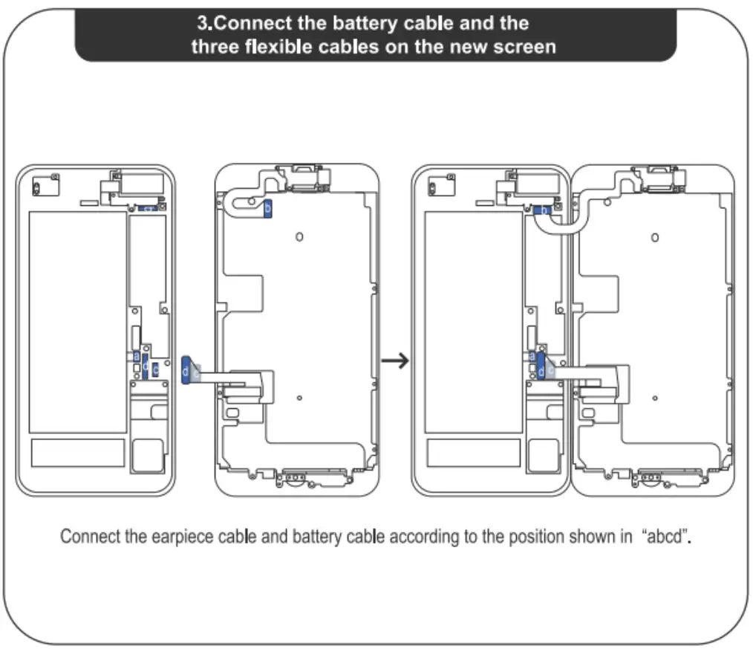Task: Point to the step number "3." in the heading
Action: [x=203, y=23]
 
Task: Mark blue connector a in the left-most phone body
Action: [x=137, y=357]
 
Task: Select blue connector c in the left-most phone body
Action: [x=156, y=369]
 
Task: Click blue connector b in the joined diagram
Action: [x=543, y=212]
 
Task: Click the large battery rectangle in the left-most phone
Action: [x=77, y=321]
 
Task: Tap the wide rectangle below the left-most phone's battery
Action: [x=77, y=452]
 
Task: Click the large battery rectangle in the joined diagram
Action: [x=473, y=321]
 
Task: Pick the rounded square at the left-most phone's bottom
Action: [x=146, y=455]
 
